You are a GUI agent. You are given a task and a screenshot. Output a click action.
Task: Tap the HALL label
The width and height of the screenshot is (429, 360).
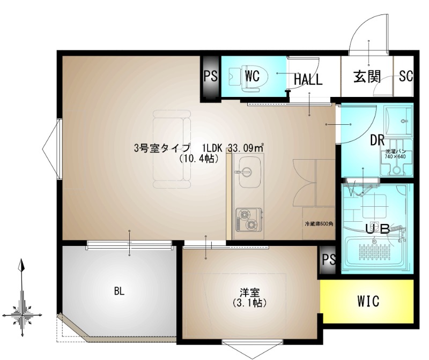(x=308, y=80)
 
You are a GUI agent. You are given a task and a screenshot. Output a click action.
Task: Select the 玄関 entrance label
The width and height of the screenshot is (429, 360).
(x=367, y=77)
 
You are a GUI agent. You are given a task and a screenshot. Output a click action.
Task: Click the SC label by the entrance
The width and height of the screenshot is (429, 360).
(x=406, y=76)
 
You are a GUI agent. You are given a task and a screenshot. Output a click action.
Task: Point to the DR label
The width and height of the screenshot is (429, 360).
(x=378, y=140)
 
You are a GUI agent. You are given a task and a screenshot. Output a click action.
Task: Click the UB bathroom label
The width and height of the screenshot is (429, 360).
(x=378, y=228)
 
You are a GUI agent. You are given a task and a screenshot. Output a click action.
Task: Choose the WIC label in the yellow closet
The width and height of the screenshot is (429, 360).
(x=368, y=301)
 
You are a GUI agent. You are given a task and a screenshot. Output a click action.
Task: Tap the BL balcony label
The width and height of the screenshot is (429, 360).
(x=119, y=291)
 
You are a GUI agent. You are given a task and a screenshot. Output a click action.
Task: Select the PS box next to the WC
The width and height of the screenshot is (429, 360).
(x=211, y=76)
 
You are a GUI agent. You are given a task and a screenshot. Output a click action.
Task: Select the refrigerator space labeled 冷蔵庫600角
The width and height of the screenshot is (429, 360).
(x=319, y=224)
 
